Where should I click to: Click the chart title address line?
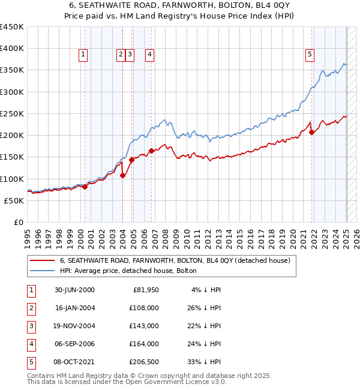tap(179, 6)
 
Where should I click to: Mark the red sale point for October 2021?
tap(312, 133)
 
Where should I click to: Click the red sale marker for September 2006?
tap(151, 151)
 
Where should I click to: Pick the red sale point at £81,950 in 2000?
tap(85, 187)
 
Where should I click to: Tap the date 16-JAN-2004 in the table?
tap(74, 308)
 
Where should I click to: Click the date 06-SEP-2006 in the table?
tap(74, 344)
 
